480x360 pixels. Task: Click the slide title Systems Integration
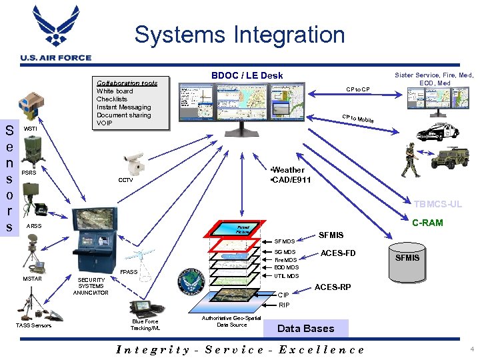pos(239,34)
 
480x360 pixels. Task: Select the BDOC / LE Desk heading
pos(247,75)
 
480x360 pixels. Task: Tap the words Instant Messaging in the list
pos(123,107)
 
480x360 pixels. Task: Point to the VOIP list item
pos(105,123)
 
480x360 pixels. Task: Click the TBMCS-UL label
pos(437,205)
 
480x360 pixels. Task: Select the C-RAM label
pos(427,223)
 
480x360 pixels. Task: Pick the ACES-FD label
pos(338,253)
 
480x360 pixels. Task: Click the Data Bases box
pos(305,328)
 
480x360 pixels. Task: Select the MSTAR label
pos(33,279)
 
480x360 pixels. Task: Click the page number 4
pos(471,349)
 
